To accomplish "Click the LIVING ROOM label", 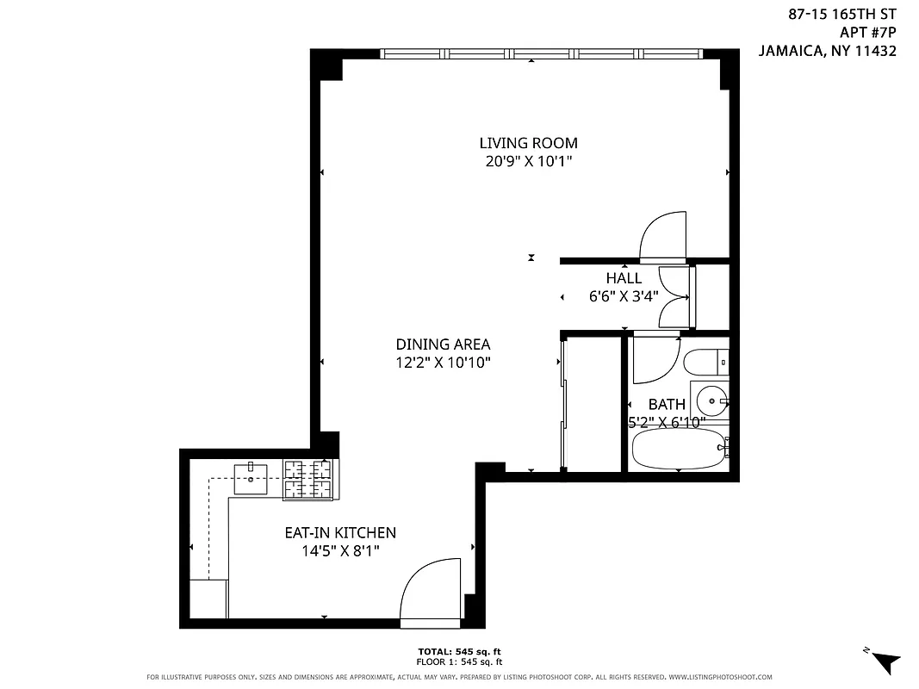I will pyautogui.click(x=528, y=143).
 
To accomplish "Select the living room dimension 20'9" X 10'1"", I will pyautogui.click(x=528, y=160).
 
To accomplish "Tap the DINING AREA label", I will pyautogui.click(x=444, y=344).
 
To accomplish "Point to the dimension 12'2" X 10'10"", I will pyautogui.click(x=444, y=363).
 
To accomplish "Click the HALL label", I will pyautogui.click(x=624, y=278).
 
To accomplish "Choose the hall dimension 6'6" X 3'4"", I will pyautogui.click(x=624, y=295).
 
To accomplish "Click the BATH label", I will pyautogui.click(x=667, y=404).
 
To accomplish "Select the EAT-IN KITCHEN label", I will pyautogui.click(x=340, y=533).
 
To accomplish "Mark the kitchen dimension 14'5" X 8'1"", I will pyautogui.click(x=340, y=550).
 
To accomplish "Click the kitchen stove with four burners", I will pyautogui.click(x=308, y=479).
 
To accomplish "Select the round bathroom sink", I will pyautogui.click(x=711, y=399).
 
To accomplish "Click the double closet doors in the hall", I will pyautogui.click(x=674, y=297).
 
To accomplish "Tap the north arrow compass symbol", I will pyautogui.click(x=884, y=661).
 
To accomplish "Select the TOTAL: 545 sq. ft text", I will pyautogui.click(x=459, y=651).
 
